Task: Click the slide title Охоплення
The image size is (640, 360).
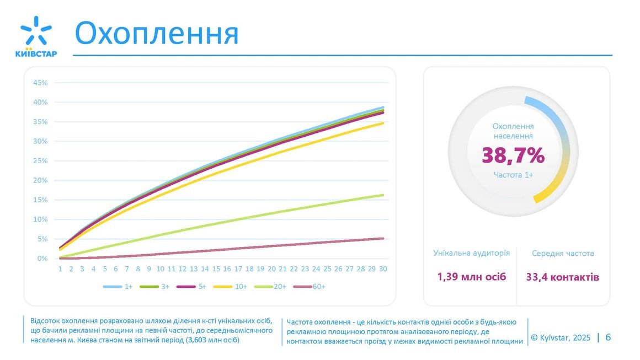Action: coord(157,34)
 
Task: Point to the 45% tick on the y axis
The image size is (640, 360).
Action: coord(41,83)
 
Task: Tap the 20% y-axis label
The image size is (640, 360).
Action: coord(41,180)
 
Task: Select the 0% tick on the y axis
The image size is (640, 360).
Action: coord(42,259)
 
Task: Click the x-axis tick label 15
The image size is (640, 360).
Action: coord(216,269)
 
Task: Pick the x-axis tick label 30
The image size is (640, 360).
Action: coord(383,269)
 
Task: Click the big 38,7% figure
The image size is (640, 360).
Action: coord(513,156)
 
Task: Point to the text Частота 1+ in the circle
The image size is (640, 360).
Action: coord(513,175)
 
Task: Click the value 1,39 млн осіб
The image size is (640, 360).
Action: coord(472,277)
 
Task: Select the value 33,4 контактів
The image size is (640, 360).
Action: coord(563,277)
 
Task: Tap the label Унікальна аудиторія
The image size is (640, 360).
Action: coord(472,253)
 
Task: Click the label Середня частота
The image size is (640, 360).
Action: coord(563,254)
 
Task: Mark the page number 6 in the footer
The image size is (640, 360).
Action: coord(608,337)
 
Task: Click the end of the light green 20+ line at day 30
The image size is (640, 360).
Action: coord(383,195)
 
